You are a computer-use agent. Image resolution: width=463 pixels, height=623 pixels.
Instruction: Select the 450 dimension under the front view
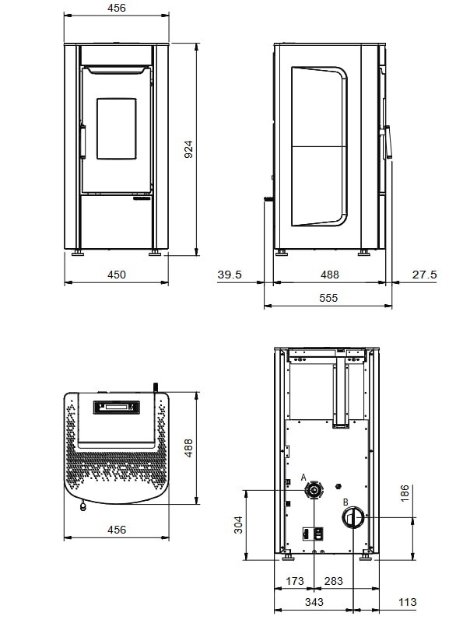(115, 275)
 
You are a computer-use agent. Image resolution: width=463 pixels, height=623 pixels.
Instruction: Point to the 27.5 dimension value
(423, 275)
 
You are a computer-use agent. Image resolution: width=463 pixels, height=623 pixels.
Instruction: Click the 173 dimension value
(295, 581)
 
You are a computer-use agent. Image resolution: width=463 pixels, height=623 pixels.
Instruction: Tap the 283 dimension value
(333, 581)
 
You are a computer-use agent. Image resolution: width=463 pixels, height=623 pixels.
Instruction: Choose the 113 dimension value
(407, 603)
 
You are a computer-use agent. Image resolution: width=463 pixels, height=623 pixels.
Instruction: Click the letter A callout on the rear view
(303, 478)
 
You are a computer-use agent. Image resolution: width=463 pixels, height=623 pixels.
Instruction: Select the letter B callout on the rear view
(345, 502)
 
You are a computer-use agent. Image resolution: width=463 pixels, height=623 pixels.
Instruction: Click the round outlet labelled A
(314, 490)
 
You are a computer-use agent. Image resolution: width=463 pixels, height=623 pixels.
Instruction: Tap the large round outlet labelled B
(352, 517)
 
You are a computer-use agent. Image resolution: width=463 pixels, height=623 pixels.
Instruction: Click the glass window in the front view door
(116, 127)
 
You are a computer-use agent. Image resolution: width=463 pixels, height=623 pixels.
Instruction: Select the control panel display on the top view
(115, 407)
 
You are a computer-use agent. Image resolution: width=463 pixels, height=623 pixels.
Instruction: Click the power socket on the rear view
(312, 534)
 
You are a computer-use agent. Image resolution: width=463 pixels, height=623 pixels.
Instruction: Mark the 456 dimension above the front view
(115, 8)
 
